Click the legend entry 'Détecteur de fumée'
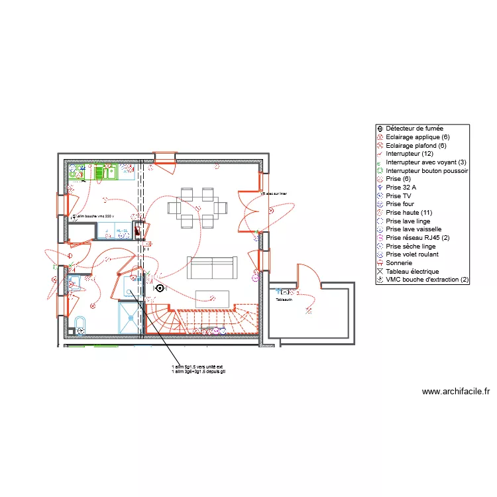pyautogui.click(x=414, y=129)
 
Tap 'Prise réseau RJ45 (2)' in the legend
pyautogui.click(x=417, y=238)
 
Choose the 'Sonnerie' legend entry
pyautogui.click(x=399, y=263)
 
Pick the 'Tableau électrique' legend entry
pyautogui.click(x=412, y=272)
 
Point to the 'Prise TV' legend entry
pyautogui.click(x=398, y=196)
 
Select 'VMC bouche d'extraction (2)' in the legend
pyautogui.click(x=427, y=280)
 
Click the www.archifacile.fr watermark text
pyautogui.click(x=455, y=392)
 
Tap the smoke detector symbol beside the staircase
pyautogui.click(x=159, y=288)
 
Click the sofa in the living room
pyautogui.click(x=211, y=267)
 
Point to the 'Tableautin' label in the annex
pyautogui.click(x=284, y=300)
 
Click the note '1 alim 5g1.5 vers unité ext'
pyautogui.click(x=197, y=366)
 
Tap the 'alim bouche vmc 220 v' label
pyautogui.click(x=94, y=216)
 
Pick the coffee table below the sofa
pyautogui.click(x=212, y=299)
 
